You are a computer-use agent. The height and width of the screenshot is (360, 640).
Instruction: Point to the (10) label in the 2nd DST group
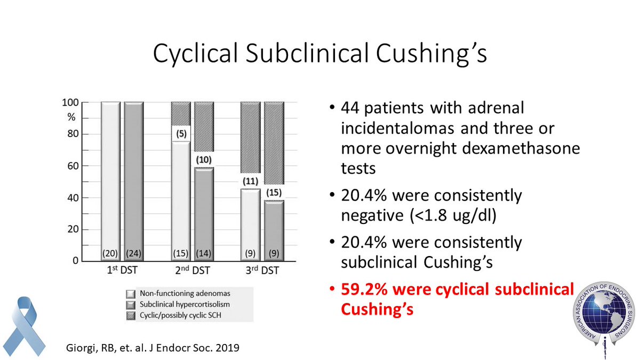[x=204, y=160]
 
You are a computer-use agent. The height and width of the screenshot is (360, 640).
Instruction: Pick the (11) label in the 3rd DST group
[x=249, y=181]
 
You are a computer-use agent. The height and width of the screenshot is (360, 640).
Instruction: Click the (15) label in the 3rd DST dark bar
[x=273, y=191]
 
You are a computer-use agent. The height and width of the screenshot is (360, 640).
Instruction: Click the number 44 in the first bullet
[x=350, y=108]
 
